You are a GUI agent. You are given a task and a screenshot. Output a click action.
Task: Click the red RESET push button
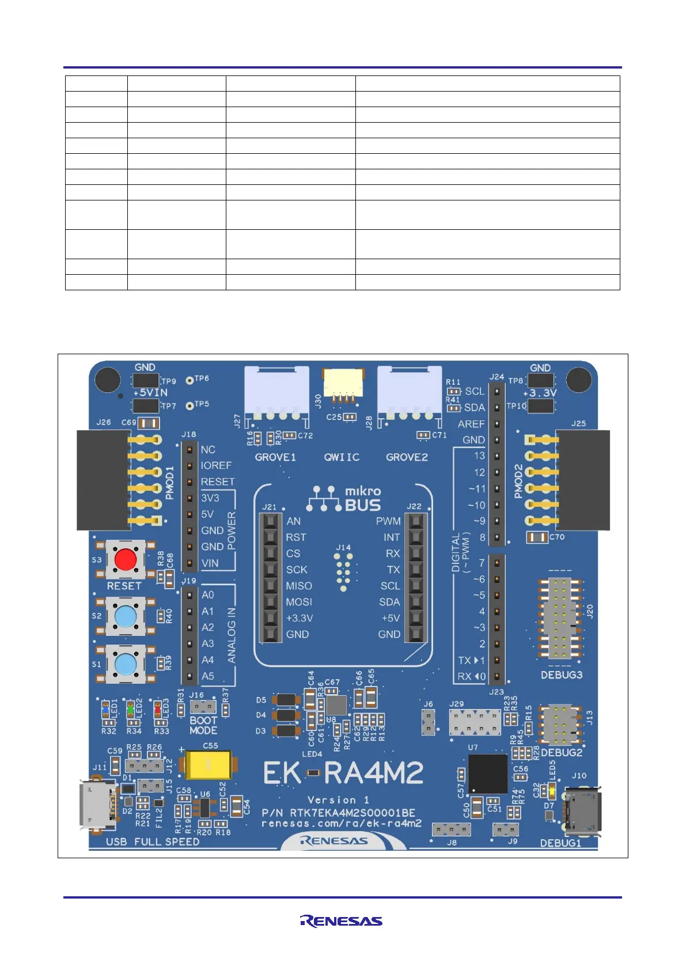pos(126,559)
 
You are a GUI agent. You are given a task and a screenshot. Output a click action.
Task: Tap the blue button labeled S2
pos(126,616)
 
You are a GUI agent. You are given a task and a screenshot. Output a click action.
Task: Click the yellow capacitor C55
pos(207,765)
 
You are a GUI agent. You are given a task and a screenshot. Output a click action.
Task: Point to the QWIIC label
pos(342,457)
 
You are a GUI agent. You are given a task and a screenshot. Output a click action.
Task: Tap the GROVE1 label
pos(275,457)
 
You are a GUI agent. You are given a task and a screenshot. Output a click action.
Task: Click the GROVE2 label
pos(407,457)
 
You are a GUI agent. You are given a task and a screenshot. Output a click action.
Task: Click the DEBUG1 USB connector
pos(583,812)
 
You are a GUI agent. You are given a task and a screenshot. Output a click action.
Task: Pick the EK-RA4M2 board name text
pos(343,774)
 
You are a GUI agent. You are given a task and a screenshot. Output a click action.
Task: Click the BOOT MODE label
pos(203,726)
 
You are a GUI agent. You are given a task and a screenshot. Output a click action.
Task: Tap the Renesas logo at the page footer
pos(341,921)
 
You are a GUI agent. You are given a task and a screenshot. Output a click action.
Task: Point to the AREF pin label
pos(471,424)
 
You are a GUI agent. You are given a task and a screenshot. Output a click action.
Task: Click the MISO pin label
pos(299,586)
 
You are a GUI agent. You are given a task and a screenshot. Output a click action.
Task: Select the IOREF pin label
pos(216,465)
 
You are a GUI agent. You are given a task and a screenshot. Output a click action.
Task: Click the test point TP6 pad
pos(189,380)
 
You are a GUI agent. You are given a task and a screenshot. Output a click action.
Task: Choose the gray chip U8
pos(336,705)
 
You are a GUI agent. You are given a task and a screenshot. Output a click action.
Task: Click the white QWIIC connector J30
pos(342,382)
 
